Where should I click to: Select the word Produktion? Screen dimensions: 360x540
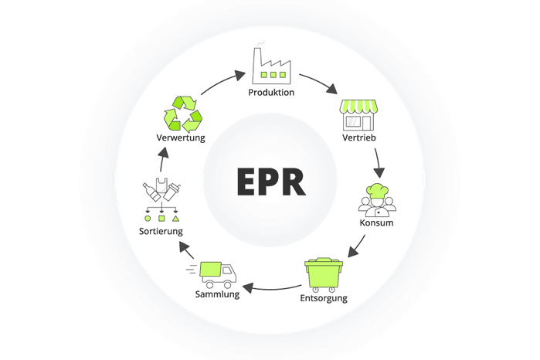(271, 93)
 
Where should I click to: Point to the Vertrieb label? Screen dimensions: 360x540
(359, 138)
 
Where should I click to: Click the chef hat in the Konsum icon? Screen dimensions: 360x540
(377, 190)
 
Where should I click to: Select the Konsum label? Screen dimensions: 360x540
(377, 223)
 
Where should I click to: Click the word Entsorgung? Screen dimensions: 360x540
(324, 298)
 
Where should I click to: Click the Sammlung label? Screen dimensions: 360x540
(217, 294)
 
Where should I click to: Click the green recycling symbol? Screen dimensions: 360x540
(182, 114)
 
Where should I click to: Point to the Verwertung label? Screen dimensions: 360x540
(181, 138)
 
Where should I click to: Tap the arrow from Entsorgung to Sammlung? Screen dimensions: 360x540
(271, 290)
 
